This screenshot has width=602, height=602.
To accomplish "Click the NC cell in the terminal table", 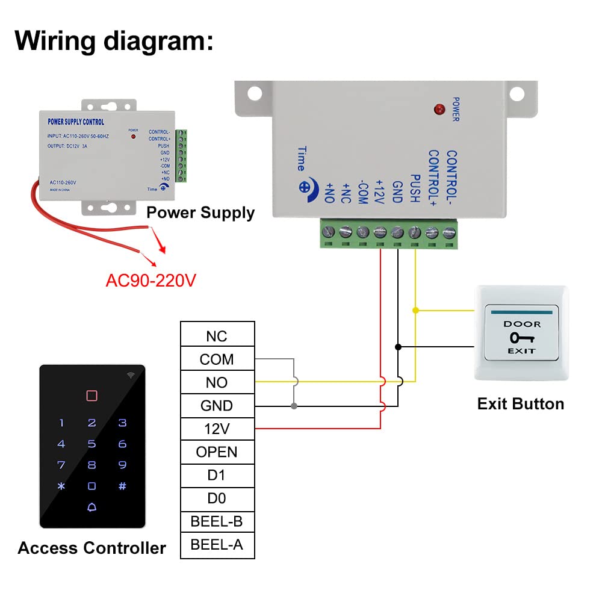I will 217,336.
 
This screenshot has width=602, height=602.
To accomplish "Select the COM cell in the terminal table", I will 217,359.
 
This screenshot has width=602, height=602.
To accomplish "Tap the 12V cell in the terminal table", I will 217,429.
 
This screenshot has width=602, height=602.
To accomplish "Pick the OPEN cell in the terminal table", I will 217,452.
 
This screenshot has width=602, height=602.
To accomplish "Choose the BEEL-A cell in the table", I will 217,545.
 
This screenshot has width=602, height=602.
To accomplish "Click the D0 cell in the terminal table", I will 217,498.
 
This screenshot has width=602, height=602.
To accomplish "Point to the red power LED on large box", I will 439,110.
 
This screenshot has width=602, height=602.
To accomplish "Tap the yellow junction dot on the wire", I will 415,311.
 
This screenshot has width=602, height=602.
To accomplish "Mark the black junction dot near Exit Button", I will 398,347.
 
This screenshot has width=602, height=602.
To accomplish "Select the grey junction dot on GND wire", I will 294,406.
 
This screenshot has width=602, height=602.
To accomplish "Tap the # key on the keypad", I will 122,486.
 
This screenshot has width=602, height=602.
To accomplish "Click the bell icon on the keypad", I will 92,507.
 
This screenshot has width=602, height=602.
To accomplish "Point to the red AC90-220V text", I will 151,281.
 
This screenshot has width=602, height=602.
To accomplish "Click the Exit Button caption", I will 521,403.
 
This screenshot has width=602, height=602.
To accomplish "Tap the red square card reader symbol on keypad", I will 92,396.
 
